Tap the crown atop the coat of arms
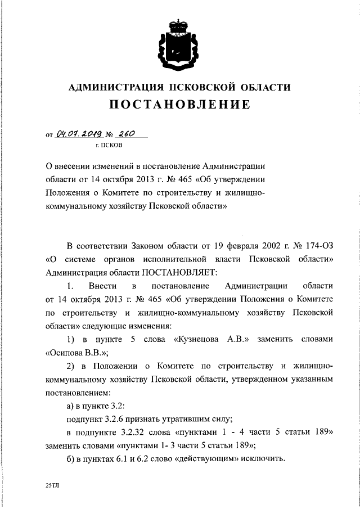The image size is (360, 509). click(179, 26)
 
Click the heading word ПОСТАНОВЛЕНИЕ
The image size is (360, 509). click(179, 105)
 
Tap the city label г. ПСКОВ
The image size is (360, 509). click(108, 146)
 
